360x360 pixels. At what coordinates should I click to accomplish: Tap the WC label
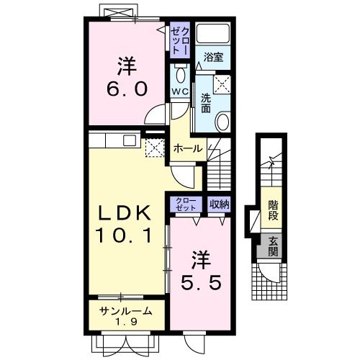click(179, 91)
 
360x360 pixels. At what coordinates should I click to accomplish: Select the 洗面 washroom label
click(206, 103)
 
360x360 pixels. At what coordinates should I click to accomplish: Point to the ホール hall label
click(188, 148)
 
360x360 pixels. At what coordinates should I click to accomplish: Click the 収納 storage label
click(219, 204)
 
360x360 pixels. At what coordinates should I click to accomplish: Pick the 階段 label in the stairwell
click(274, 210)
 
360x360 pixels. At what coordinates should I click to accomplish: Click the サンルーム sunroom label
click(126, 311)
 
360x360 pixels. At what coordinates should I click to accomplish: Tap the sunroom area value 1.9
click(125, 322)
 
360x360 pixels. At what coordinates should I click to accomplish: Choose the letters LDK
click(125, 212)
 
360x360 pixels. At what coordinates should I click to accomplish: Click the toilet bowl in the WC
click(180, 74)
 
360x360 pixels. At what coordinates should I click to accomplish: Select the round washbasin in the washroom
click(223, 122)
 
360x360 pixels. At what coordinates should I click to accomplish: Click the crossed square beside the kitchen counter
click(153, 148)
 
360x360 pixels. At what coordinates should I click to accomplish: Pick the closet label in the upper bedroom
click(180, 40)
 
